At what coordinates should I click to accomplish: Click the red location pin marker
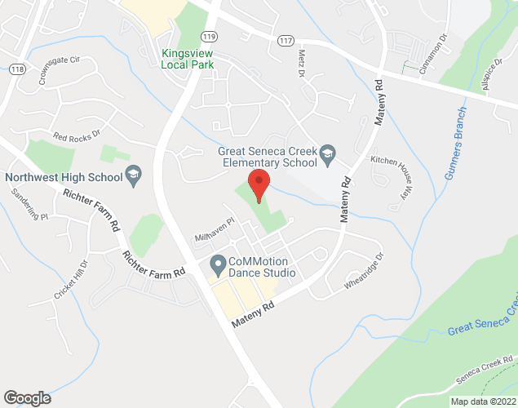coord(259,185)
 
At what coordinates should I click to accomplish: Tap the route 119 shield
coord(210,37)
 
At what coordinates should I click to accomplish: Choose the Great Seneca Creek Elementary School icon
coord(327,153)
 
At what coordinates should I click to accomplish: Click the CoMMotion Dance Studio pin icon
coord(218,264)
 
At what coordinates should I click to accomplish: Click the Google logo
coord(26,397)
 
